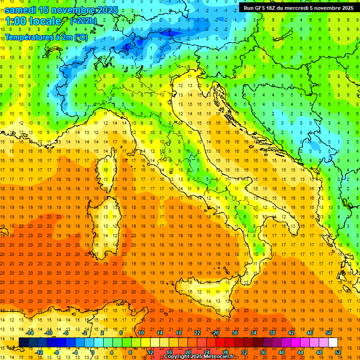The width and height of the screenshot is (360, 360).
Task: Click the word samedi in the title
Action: [x=22, y=9]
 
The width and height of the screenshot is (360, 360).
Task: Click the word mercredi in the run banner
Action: [x=302, y=8]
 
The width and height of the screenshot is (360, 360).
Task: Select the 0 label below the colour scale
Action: [x=93, y=352]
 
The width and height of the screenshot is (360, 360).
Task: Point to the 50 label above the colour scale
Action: [x=329, y=332]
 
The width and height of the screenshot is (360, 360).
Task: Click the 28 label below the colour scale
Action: [x=225, y=352]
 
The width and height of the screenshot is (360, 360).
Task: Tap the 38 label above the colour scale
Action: [x=272, y=332]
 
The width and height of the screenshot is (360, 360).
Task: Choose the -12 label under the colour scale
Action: [x=39, y=352]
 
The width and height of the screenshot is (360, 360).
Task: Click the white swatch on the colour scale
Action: [x=333, y=342]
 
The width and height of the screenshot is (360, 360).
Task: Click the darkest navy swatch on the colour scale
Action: [x=23, y=342]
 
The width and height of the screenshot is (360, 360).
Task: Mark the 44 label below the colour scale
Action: [x=300, y=352]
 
